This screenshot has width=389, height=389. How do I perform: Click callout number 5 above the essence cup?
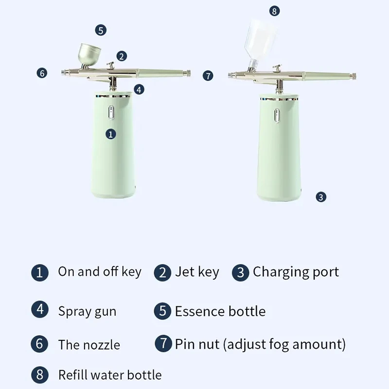(x=101, y=30)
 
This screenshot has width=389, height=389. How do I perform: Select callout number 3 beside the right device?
(x=320, y=197)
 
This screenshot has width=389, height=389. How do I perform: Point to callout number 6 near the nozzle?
(x=42, y=73)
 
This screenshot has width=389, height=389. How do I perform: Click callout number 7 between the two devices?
(x=208, y=75)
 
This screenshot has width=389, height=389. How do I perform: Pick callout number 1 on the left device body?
(x=111, y=134)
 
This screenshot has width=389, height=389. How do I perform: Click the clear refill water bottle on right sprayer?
(x=263, y=39)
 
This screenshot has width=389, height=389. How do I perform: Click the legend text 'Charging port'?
(x=296, y=272)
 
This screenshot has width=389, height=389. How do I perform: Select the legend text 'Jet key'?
(x=197, y=272)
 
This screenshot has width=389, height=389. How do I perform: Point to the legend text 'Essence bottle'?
(x=220, y=311)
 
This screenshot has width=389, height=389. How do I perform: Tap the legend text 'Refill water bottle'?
(x=110, y=375)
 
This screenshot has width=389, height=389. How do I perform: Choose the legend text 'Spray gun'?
(x=87, y=311)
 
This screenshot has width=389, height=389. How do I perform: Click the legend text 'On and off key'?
(x=100, y=271)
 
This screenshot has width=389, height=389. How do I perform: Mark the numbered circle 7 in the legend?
(x=164, y=343)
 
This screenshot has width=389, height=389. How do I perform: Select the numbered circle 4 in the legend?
(x=40, y=310)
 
